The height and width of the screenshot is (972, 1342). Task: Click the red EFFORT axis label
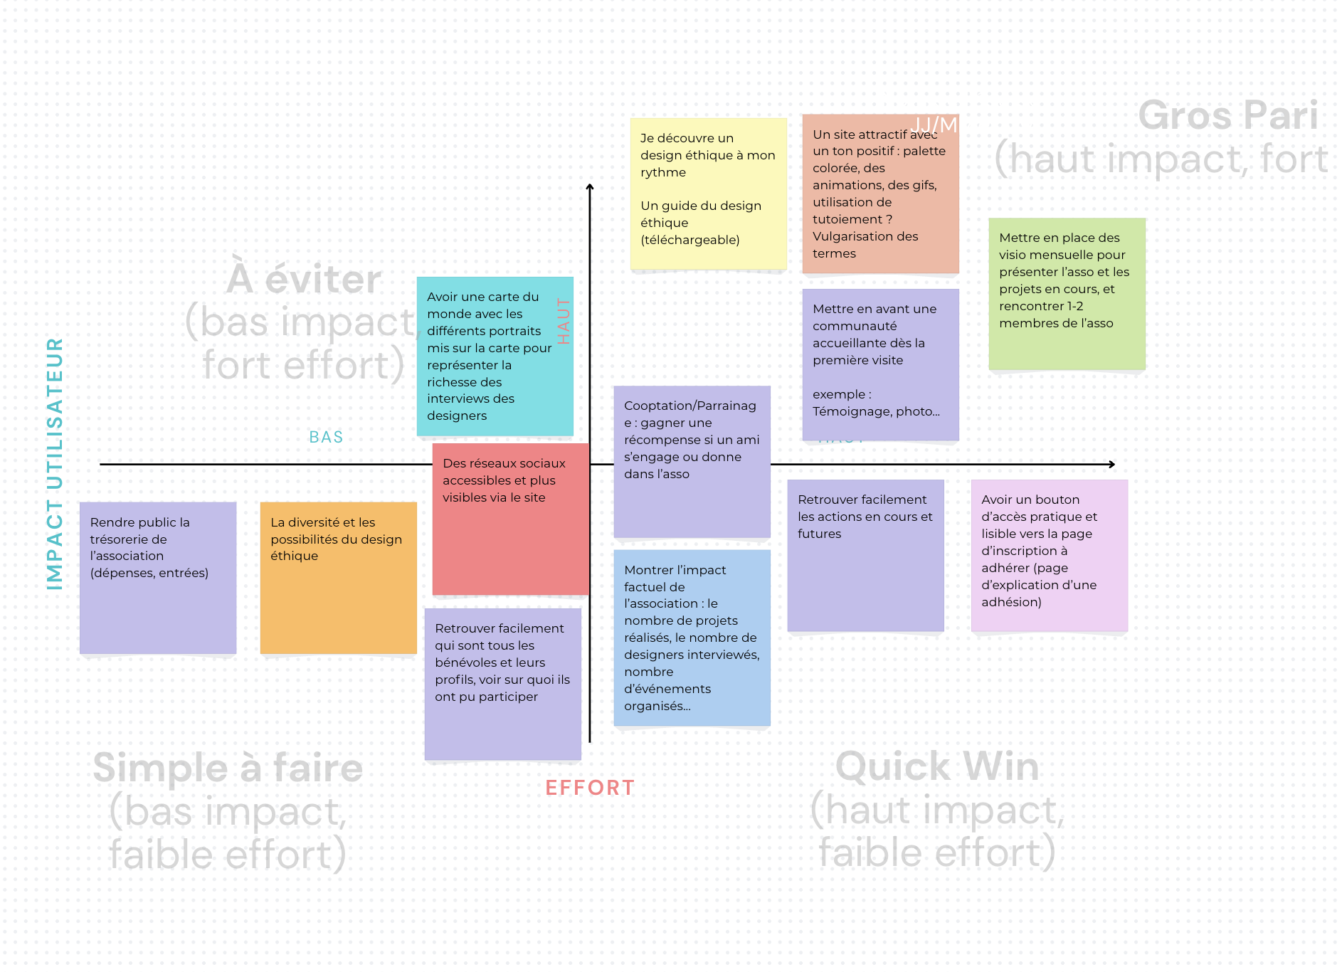589,788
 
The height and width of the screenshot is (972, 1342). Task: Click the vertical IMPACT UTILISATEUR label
55,463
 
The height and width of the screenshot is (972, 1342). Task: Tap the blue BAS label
326,437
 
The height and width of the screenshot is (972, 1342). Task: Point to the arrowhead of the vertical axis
590,187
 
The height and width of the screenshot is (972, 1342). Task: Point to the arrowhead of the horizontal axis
1111,465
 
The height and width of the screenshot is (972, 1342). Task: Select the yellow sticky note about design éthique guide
708,194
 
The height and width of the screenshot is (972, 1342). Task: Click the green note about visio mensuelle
1067,293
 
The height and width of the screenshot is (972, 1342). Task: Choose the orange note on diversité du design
338,577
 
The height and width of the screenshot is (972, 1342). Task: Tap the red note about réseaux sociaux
510,519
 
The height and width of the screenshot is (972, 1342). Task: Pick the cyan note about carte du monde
495,356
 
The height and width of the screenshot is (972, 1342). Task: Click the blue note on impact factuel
692,638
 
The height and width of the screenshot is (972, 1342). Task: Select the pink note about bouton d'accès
1049,555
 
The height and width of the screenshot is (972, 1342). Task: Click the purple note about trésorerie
157,577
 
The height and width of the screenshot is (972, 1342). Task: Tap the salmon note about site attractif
880,194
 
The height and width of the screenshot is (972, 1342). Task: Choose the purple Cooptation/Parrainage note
692,461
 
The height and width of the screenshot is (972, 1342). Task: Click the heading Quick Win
937,766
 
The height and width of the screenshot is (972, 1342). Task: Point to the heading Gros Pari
1227,115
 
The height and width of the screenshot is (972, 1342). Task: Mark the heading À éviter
304,279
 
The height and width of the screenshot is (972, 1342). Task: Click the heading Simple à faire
228,768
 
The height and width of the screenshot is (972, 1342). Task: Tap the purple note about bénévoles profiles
502,683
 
